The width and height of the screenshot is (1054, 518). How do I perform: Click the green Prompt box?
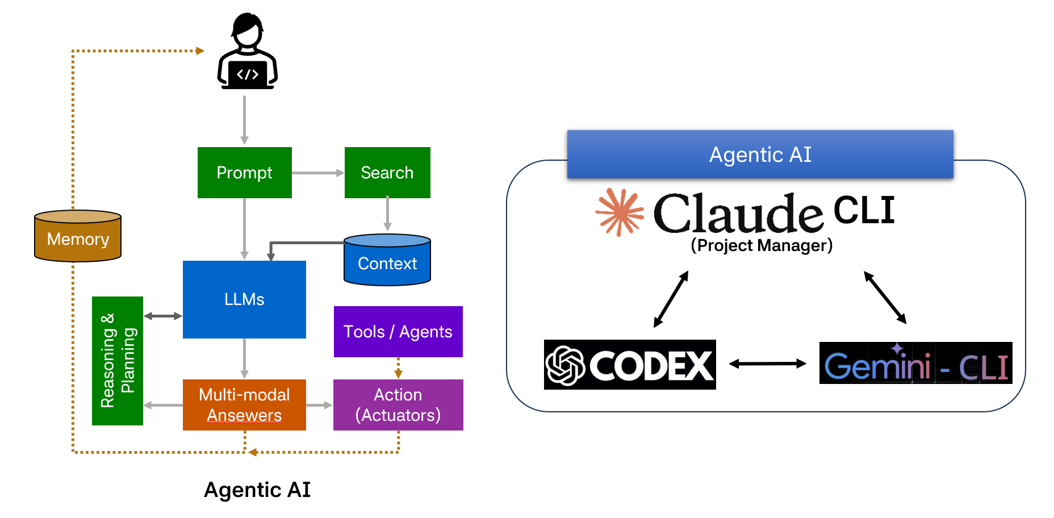pos(244,173)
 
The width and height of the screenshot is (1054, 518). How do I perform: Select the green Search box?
pos(387,173)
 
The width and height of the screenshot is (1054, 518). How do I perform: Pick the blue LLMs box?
pos(244,299)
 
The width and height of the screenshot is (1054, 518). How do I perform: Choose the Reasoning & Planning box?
pos(118,361)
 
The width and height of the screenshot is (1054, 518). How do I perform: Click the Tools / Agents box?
pos(398,332)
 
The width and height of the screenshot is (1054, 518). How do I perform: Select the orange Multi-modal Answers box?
pos(244,405)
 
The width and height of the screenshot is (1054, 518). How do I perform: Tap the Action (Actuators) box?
pos(398,405)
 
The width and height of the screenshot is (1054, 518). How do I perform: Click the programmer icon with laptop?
pos(248,52)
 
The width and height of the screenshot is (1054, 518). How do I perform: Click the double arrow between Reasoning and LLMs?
pos(163,316)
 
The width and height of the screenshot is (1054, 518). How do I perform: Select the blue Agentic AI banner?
pos(760,154)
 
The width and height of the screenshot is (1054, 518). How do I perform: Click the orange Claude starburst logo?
pos(620,212)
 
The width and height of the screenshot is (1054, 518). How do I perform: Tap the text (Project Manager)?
pos(762,245)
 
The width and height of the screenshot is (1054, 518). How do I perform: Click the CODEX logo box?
pos(630,365)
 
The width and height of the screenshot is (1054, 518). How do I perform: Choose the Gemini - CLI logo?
pos(915,364)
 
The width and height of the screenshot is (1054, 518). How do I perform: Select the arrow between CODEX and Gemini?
pos(767,364)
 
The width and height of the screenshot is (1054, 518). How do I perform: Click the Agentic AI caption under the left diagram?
pos(257,490)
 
